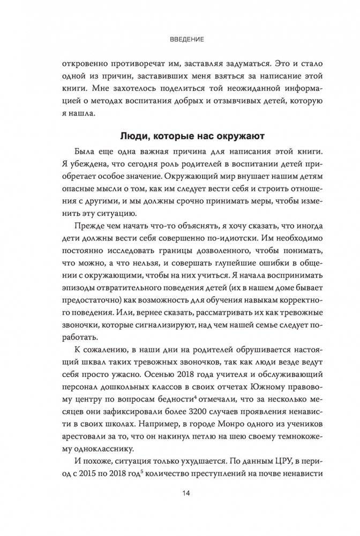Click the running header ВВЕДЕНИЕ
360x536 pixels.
(x=179, y=40)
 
